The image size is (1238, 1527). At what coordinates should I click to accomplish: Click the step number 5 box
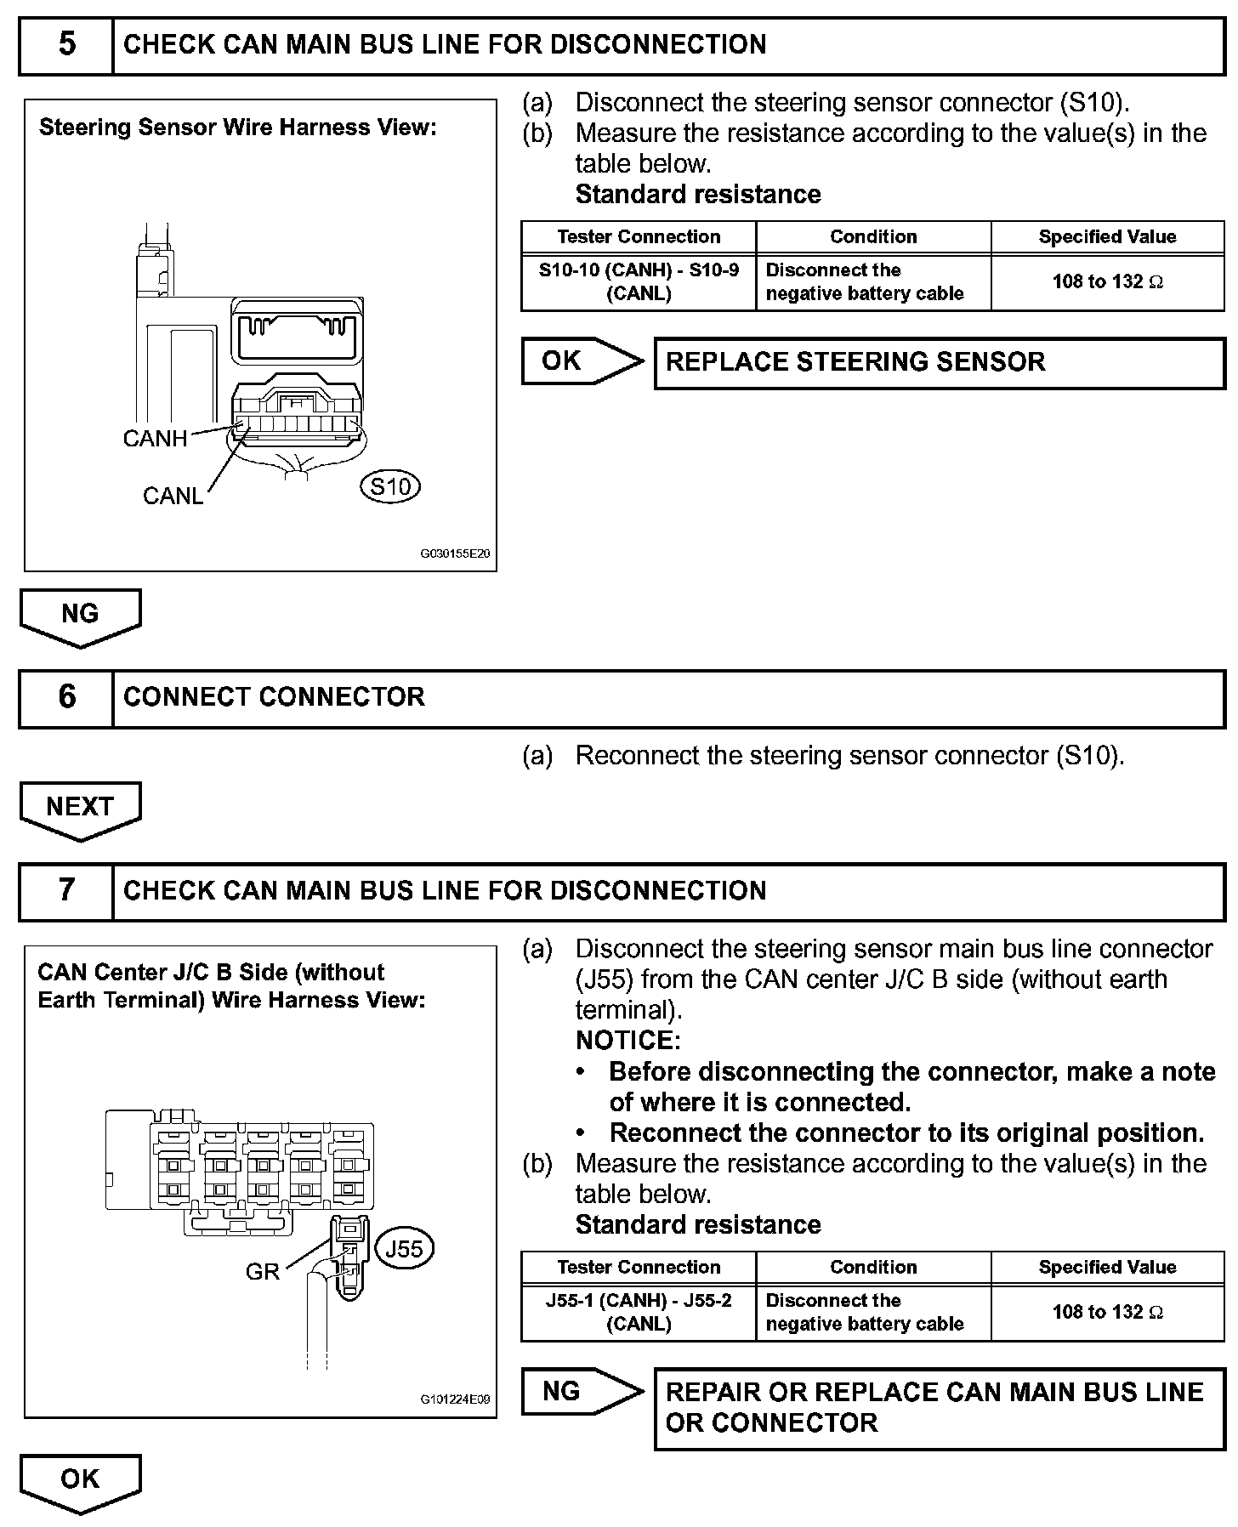66,45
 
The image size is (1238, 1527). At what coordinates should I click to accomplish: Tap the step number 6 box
66,698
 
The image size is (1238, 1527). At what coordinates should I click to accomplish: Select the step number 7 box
66,891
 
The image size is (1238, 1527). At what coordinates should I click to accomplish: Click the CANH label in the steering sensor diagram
155,439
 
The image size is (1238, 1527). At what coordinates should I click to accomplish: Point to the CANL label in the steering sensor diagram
173,496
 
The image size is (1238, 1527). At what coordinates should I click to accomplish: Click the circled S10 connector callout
391,487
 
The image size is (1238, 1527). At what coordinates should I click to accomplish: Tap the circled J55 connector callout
404,1249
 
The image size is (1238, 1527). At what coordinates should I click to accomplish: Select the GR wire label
262,1272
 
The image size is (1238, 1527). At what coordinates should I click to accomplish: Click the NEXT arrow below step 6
80,809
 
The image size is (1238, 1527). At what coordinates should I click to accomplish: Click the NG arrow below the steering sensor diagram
80,616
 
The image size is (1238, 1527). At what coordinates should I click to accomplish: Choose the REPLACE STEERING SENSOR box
939,363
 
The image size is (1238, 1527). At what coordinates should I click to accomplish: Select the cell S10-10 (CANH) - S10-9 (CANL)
639,282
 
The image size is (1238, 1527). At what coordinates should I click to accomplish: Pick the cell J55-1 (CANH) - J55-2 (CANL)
639,1313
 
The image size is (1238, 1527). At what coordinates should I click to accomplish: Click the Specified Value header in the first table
1107,237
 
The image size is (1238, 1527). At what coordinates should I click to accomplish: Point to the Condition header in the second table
873,1268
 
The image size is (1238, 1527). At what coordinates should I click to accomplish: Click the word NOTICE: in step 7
628,1041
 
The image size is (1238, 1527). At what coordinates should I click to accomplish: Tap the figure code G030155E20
455,553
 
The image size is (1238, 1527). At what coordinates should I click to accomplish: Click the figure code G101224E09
455,1399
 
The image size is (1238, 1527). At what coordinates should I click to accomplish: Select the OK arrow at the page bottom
80,1480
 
